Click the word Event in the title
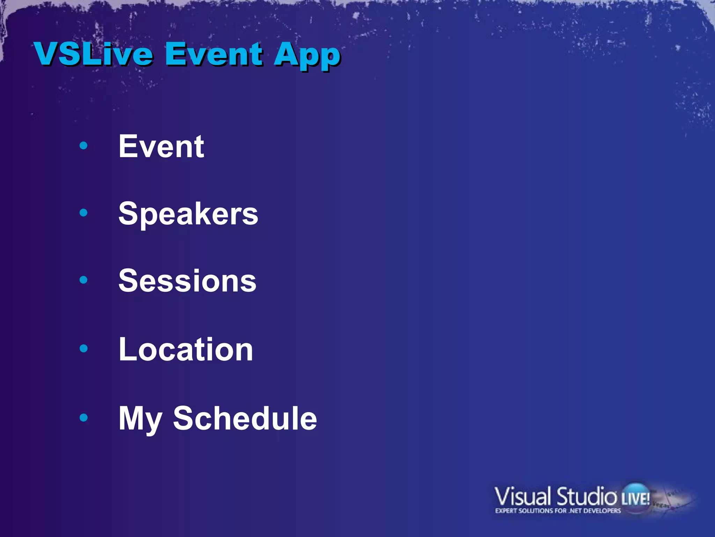(214, 54)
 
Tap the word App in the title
(307, 56)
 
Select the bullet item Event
(161, 146)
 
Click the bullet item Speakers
(188, 214)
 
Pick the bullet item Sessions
(187, 281)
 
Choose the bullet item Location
(186, 349)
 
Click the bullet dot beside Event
(83, 145)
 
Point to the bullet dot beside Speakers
(83, 213)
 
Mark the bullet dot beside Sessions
(83, 280)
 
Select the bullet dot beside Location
(83, 348)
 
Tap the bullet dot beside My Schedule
(83, 417)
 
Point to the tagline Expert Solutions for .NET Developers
(558, 511)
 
